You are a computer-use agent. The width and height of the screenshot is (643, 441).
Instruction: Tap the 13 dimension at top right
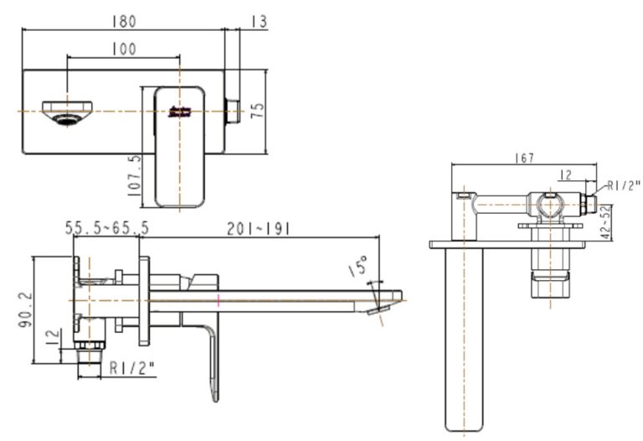tap(258, 20)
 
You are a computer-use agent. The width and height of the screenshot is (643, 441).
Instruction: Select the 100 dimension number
tap(123, 49)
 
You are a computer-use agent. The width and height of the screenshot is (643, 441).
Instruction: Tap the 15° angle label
tap(358, 268)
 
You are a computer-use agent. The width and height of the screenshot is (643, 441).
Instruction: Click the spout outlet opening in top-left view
tap(66, 112)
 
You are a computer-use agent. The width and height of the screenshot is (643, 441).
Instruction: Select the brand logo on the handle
tap(179, 112)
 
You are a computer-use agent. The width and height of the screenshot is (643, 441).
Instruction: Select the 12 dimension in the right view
tap(565, 174)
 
